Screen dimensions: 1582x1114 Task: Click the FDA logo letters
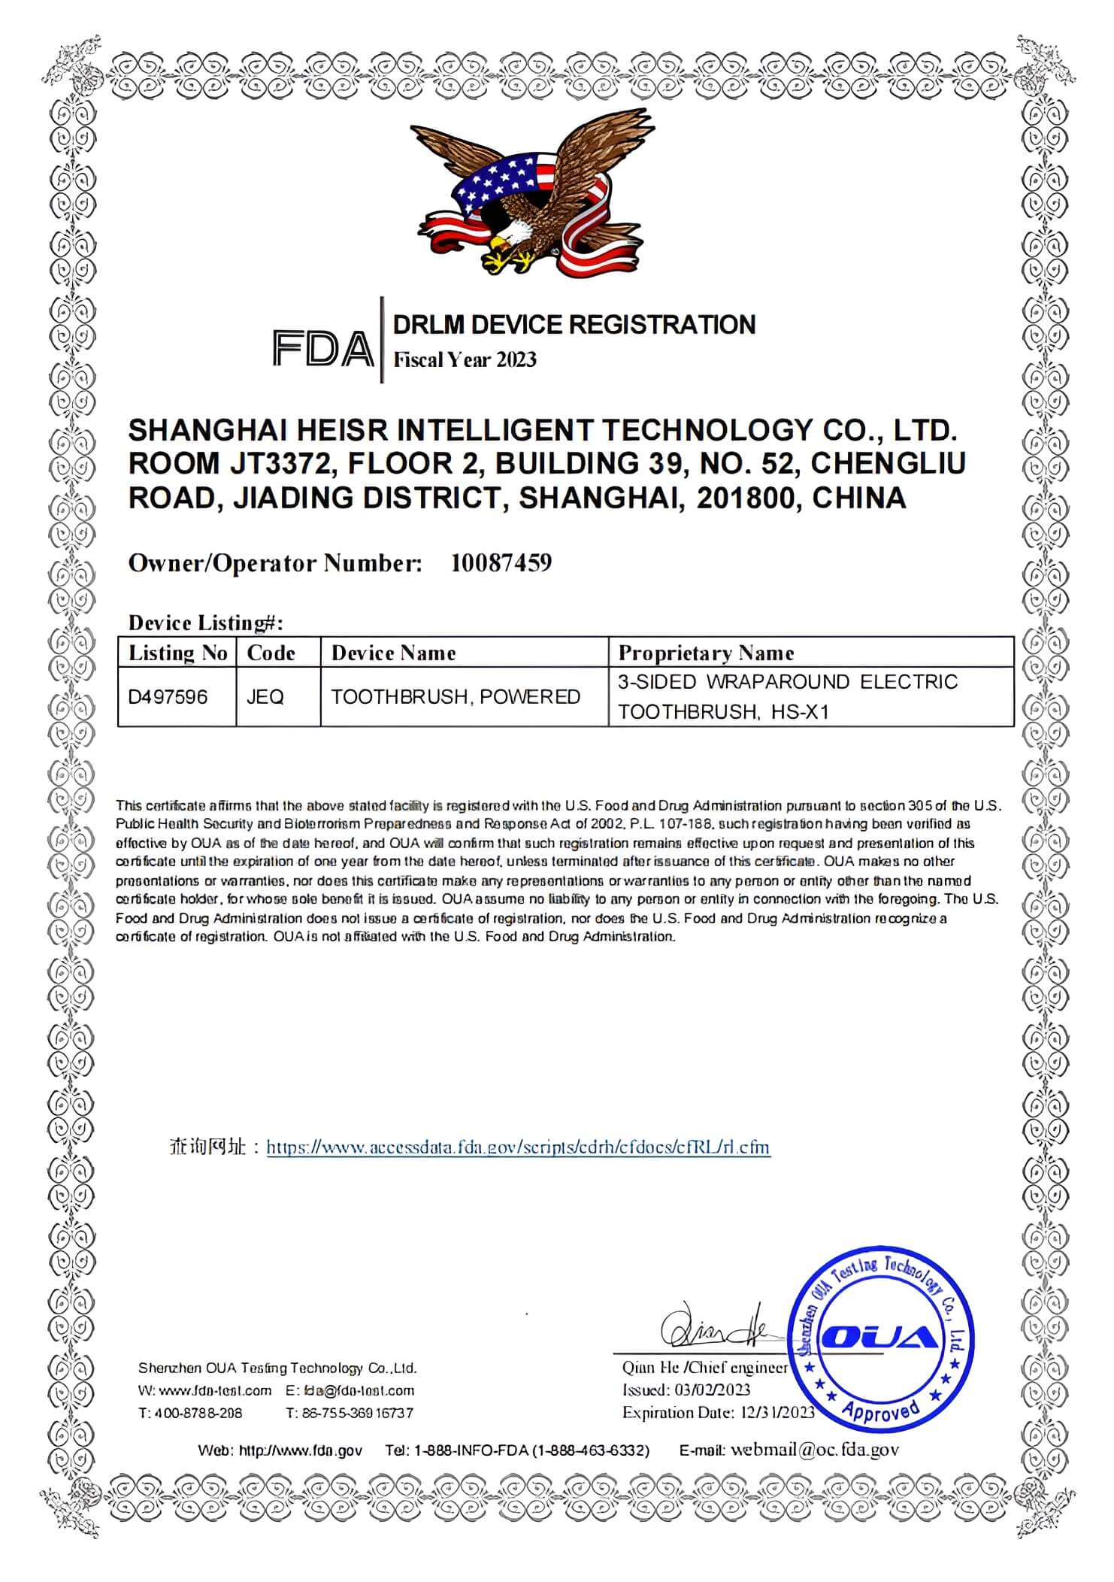click(x=322, y=348)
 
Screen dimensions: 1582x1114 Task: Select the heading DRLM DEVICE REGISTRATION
click(x=574, y=325)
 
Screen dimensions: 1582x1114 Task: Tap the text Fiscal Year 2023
click(x=465, y=359)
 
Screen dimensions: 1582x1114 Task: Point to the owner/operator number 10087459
click(x=501, y=562)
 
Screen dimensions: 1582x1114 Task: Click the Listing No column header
click(x=177, y=653)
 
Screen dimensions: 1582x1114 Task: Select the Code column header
click(x=271, y=653)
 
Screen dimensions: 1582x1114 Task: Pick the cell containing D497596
click(x=168, y=697)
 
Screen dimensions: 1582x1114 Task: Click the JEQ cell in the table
click(x=265, y=697)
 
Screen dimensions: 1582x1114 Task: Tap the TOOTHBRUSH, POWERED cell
click(x=456, y=697)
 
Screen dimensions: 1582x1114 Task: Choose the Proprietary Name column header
click(x=706, y=653)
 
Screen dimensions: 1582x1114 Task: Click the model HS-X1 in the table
click(x=800, y=711)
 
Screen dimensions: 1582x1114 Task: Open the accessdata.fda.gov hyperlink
click(x=518, y=1147)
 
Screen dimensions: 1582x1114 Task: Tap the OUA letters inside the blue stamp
click(x=879, y=1336)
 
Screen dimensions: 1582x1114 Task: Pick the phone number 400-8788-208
click(x=198, y=1413)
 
